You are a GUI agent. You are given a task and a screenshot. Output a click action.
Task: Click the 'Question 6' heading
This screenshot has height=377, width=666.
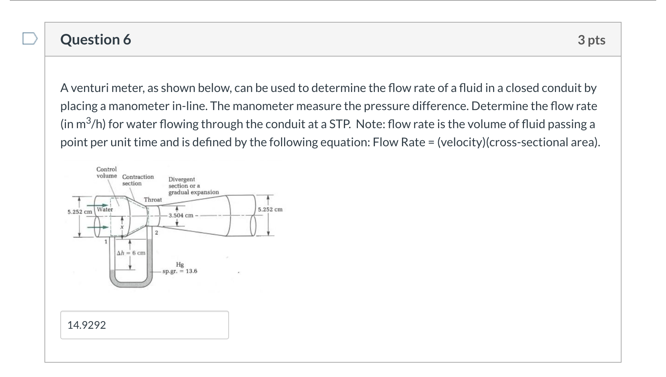pyautogui.click(x=96, y=40)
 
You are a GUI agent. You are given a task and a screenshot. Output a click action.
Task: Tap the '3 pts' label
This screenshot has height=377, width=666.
pyautogui.click(x=591, y=40)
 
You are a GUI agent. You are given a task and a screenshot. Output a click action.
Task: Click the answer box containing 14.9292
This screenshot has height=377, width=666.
pyautogui.click(x=144, y=325)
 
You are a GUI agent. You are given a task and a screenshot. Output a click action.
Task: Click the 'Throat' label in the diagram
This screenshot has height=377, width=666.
pyautogui.click(x=153, y=200)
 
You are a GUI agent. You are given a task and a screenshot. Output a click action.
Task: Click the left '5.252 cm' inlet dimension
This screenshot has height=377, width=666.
pyautogui.click(x=79, y=212)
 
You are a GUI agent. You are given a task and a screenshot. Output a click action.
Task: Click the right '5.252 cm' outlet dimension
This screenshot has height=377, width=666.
pyautogui.click(x=270, y=210)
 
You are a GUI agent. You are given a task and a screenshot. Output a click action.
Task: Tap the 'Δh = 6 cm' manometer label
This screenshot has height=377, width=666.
pyautogui.click(x=131, y=253)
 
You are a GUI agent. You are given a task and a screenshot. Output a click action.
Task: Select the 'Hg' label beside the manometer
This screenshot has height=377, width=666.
pyautogui.click(x=180, y=265)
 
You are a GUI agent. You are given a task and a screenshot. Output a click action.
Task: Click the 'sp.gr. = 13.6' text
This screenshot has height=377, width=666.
pyautogui.click(x=180, y=271)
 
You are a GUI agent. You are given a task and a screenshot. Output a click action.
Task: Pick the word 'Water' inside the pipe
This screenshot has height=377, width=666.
pyautogui.click(x=105, y=210)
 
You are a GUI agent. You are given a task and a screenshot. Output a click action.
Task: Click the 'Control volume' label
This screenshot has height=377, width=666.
pyautogui.click(x=107, y=173)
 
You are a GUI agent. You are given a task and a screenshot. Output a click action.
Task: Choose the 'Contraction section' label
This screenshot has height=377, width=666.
pyautogui.click(x=137, y=180)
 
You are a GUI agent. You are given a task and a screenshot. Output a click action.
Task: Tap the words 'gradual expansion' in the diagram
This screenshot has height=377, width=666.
pyautogui.click(x=193, y=192)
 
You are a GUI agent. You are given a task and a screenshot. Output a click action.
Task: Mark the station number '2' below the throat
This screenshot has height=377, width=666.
pyautogui.click(x=157, y=233)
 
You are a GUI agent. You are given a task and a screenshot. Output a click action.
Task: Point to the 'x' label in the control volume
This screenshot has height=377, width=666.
pyautogui.click(x=122, y=228)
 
